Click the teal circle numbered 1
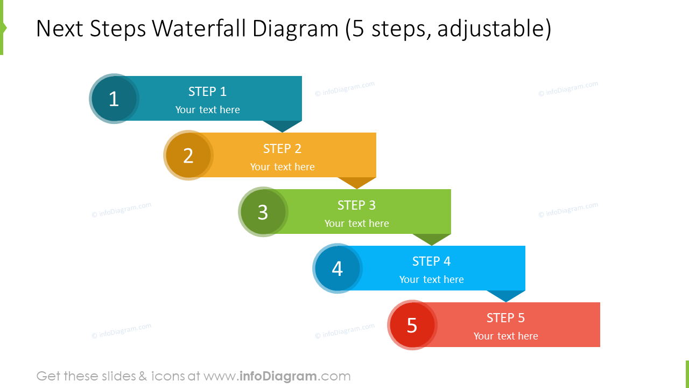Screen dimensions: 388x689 [x=114, y=99]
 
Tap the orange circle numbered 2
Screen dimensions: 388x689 [x=188, y=155]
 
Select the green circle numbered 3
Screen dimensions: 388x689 [x=263, y=212]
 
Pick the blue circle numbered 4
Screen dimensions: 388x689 [x=338, y=268]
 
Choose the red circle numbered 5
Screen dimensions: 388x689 [x=412, y=325]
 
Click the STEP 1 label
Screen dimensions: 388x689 [x=207, y=92]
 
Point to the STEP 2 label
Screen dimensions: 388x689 [x=282, y=149]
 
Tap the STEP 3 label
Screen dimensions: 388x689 [x=356, y=205]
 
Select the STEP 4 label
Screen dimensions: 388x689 [x=431, y=261]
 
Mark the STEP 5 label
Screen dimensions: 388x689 [x=505, y=318]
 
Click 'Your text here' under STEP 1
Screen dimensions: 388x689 [x=207, y=110]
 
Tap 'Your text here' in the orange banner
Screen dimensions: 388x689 [x=282, y=167]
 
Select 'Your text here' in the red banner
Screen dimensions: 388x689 [x=505, y=336]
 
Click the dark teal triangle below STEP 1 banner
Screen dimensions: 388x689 [x=282, y=126]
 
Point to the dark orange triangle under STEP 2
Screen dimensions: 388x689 [x=356, y=182]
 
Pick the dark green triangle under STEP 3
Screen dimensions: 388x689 [x=431, y=239]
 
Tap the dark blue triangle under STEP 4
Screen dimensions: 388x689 [x=506, y=295]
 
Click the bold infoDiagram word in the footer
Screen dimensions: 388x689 [x=278, y=376]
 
